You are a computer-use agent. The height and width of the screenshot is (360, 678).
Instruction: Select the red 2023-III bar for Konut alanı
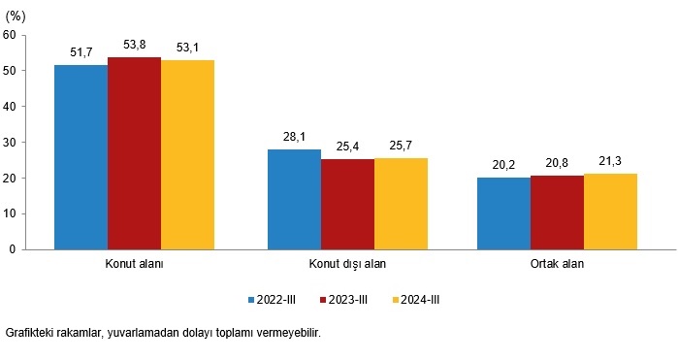click(134, 152)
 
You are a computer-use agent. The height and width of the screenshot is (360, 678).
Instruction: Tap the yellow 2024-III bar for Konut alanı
click(187, 153)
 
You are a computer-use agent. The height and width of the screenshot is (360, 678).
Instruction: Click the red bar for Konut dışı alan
click(347, 203)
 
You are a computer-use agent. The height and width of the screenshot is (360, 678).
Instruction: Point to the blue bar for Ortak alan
click(503, 213)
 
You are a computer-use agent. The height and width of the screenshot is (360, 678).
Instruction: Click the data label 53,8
click(134, 44)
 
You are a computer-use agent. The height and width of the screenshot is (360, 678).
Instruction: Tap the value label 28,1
click(294, 136)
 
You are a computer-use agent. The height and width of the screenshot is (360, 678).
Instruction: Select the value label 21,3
click(610, 160)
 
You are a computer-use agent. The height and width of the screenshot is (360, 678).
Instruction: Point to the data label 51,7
click(81, 51)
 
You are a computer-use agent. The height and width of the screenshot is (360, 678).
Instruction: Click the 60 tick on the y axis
click(10, 35)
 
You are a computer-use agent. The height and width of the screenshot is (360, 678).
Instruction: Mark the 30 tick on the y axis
click(10, 142)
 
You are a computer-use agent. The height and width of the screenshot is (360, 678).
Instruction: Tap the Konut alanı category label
click(133, 263)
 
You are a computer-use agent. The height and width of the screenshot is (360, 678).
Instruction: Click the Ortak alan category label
click(557, 263)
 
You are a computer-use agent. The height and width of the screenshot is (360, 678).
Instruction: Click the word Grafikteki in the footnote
click(32, 333)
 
